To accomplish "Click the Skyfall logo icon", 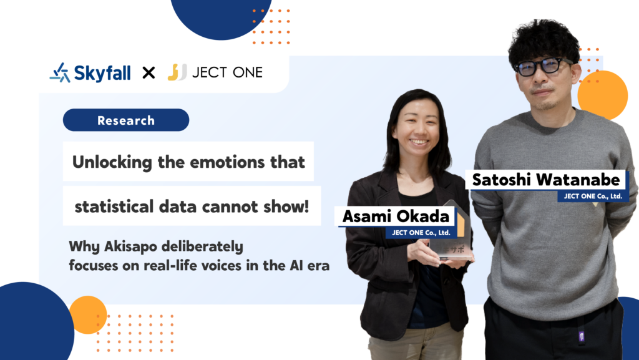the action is click(60, 72).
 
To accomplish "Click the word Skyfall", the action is click(102, 73).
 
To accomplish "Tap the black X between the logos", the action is click(149, 73).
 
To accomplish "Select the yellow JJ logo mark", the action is click(177, 72).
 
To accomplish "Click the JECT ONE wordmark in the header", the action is click(227, 72).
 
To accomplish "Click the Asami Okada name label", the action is click(396, 216).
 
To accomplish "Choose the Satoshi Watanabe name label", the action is click(546, 180).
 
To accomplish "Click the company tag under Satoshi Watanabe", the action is click(593, 197).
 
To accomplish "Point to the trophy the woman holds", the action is click(452, 231).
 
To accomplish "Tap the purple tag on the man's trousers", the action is click(582, 336).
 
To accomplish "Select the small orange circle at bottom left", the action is click(87, 315).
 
